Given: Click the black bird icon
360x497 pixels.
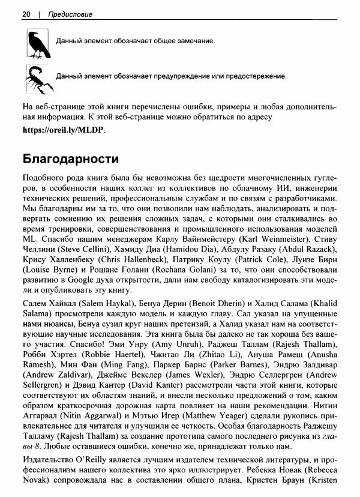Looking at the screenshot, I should (x=37, y=44).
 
